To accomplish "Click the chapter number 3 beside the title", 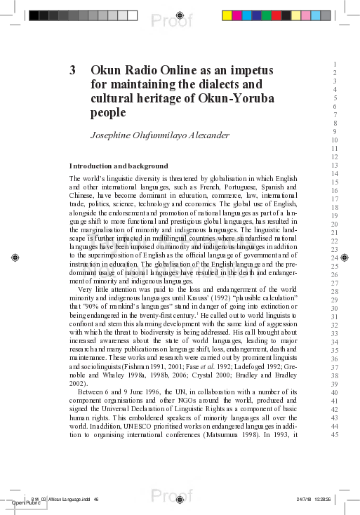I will click(x=72, y=70).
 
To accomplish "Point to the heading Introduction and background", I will click(x=118, y=166).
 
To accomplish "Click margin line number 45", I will click(x=335, y=435).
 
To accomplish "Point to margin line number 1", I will click(x=337, y=64).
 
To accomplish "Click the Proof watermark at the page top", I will click(x=171, y=21).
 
